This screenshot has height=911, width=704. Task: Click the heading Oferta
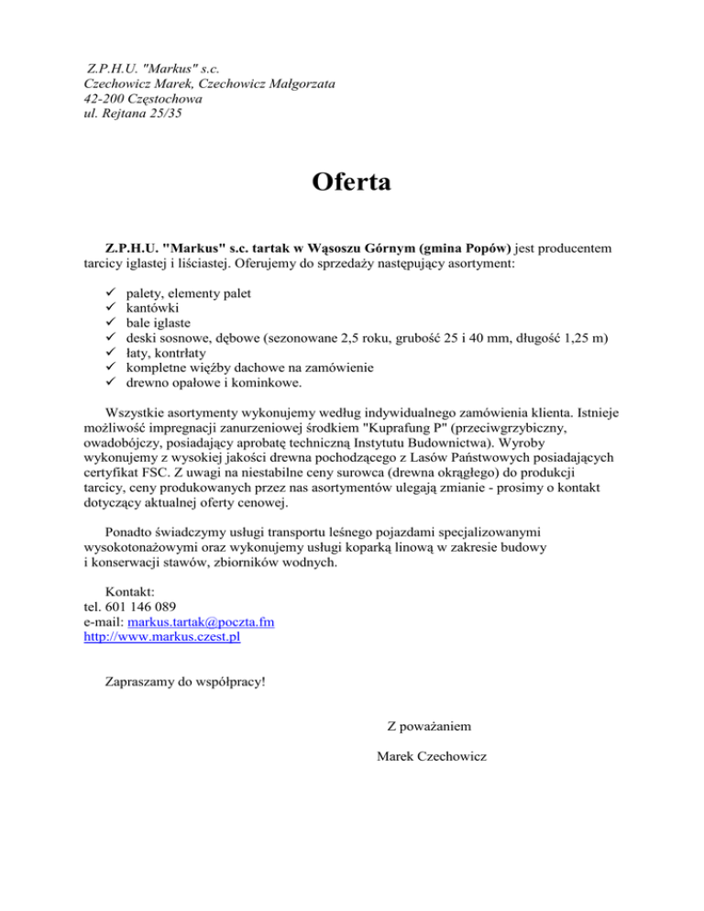tap(351, 181)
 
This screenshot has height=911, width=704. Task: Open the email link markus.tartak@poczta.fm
tap(201, 622)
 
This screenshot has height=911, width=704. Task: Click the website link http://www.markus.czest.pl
tap(161, 638)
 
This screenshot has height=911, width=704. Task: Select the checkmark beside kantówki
tap(88, 312)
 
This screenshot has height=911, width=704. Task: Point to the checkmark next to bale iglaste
tap(88, 328)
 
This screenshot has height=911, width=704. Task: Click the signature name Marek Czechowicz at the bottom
tap(432, 756)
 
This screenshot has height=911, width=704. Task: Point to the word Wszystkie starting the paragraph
tap(137, 412)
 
